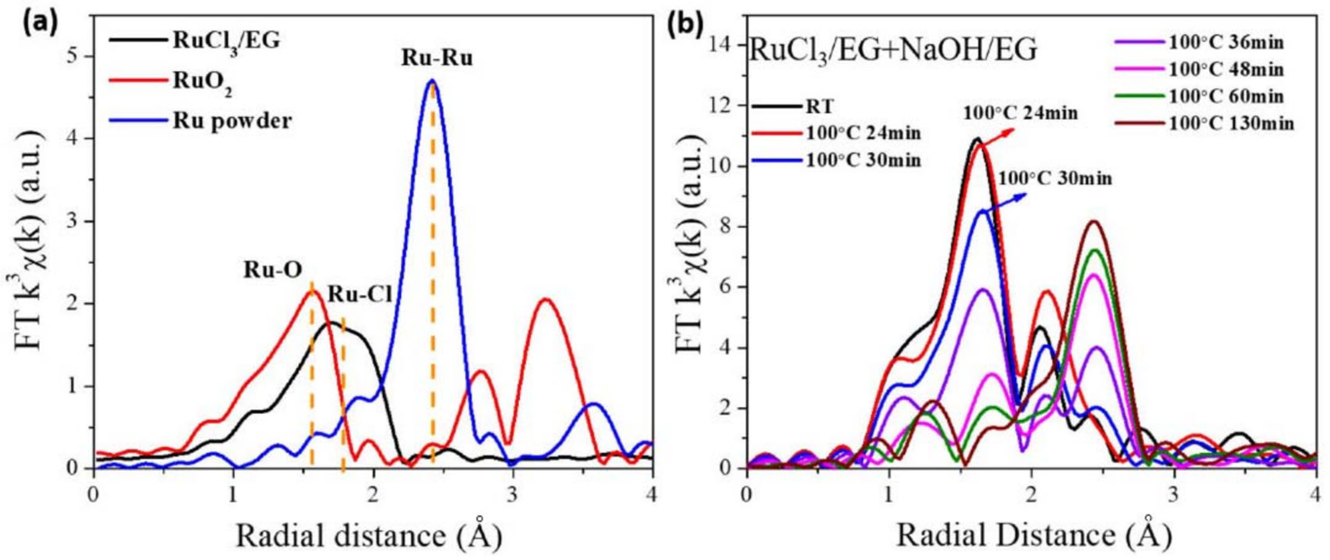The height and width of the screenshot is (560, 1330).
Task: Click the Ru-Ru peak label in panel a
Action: click(x=437, y=59)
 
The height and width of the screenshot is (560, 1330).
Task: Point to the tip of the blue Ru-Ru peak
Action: click(x=432, y=81)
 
